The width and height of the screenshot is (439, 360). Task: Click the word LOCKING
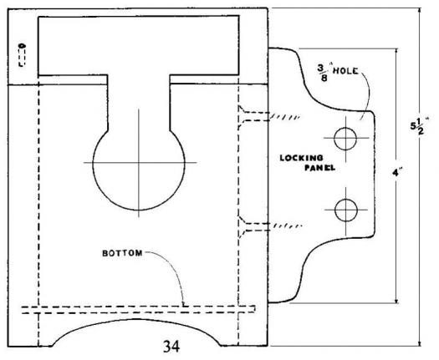click(x=302, y=158)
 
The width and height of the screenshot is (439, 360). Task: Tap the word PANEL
click(x=320, y=168)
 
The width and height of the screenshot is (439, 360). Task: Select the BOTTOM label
click(x=122, y=253)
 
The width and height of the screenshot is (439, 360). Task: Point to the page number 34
click(x=171, y=347)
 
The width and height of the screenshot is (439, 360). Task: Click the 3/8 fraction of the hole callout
click(x=323, y=73)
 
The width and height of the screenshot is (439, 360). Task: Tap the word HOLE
click(x=345, y=71)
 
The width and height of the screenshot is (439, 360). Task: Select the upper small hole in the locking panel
click(x=345, y=139)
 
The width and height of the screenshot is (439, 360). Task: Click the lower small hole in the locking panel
click(x=346, y=210)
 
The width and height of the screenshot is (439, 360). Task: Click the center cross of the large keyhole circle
click(x=139, y=162)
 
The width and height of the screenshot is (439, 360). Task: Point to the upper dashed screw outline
click(x=254, y=117)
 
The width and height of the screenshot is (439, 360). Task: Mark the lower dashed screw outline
click(x=254, y=227)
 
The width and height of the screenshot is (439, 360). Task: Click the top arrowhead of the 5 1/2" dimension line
click(x=419, y=11)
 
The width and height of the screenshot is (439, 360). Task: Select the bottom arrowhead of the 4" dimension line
click(x=396, y=300)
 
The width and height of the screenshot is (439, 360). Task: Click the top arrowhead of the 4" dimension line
click(x=396, y=52)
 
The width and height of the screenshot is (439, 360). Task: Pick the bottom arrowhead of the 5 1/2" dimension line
click(x=419, y=343)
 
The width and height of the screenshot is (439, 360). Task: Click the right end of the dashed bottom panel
click(x=254, y=309)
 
